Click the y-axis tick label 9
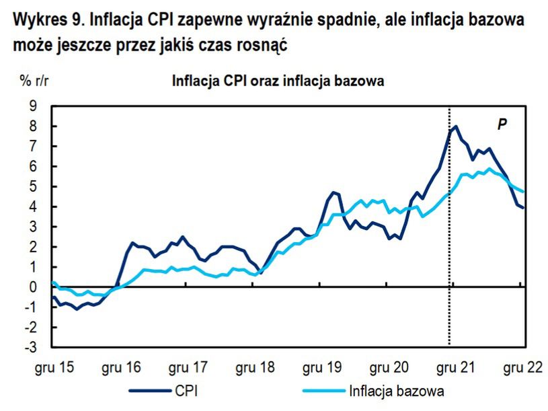(32, 106)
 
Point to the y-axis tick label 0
(32, 287)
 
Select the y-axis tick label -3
(30, 348)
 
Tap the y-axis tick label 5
(32, 186)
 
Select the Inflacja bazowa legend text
(397, 390)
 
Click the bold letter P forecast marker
(501, 124)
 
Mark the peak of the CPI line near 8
(456, 126)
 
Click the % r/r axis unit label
(34, 82)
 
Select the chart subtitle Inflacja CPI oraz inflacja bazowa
(278, 82)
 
